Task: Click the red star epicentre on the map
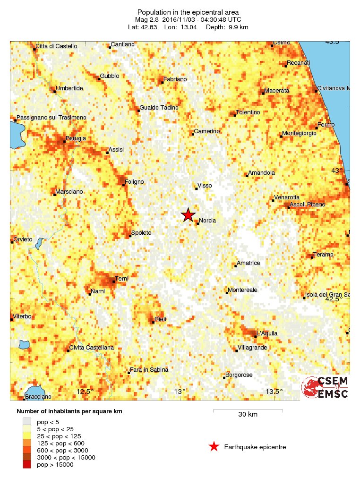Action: (188, 215)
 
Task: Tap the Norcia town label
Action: (208, 221)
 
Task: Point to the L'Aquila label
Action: (267, 333)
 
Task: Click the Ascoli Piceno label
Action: (308, 204)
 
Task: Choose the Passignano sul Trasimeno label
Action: (51, 117)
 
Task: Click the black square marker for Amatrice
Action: (235, 266)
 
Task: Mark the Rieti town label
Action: (161, 320)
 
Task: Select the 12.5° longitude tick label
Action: (85, 391)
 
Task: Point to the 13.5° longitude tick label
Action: (274, 391)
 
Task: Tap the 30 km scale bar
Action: (248, 410)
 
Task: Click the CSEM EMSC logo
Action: (326, 387)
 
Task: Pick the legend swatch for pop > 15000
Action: (26, 465)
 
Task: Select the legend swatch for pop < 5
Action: (26, 422)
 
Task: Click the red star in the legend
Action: (214, 447)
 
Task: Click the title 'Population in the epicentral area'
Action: (188, 12)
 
